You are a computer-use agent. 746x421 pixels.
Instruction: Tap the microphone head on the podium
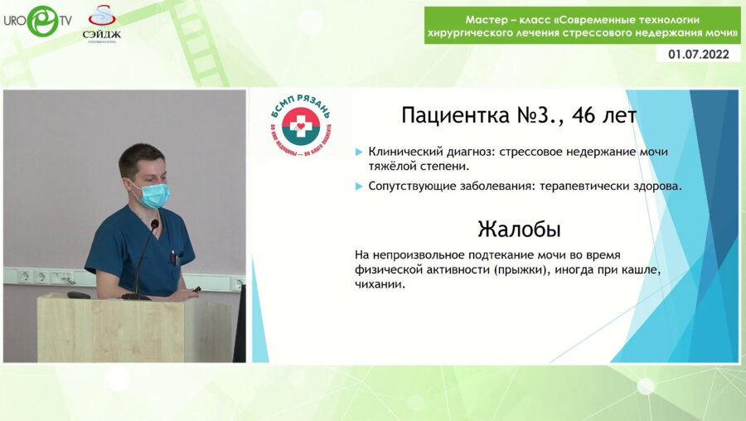(154, 225)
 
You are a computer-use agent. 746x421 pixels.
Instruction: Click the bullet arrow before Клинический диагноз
(358, 152)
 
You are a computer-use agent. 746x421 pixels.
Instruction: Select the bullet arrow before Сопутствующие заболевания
(358, 186)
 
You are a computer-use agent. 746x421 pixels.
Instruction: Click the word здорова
(656, 186)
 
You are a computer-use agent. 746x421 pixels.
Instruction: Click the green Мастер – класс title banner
(583, 26)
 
